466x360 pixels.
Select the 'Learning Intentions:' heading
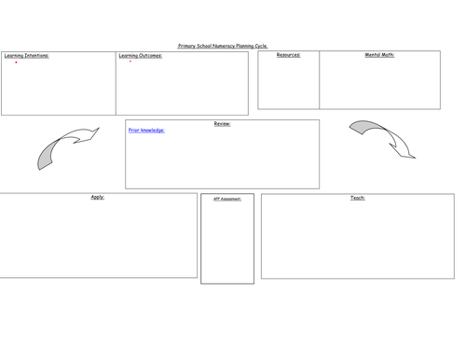(x=27, y=56)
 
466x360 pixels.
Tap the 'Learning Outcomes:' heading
(x=141, y=56)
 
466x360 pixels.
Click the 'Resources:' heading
(x=288, y=55)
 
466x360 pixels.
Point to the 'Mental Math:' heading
(x=379, y=55)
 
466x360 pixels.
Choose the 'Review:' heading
(x=222, y=123)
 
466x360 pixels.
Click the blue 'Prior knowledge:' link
(x=146, y=131)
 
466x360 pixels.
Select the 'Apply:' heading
(x=98, y=197)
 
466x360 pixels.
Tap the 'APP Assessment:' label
(x=227, y=199)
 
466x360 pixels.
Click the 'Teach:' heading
(x=358, y=198)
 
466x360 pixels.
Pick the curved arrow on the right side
(x=383, y=137)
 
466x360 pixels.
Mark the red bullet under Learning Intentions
(x=16, y=62)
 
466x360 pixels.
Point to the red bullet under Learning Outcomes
(x=130, y=62)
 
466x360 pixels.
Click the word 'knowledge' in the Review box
(x=153, y=131)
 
